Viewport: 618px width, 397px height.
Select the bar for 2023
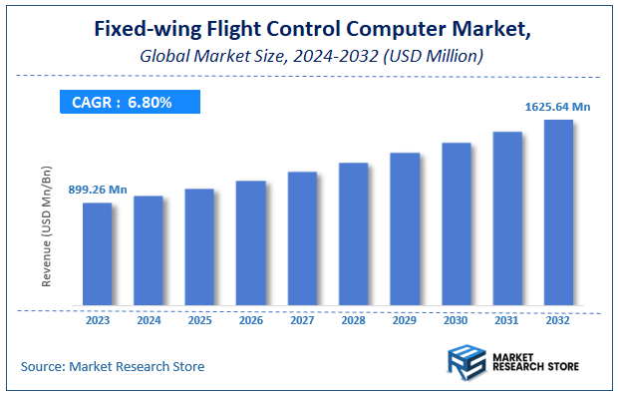[97, 254]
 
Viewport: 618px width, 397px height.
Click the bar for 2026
[250, 243]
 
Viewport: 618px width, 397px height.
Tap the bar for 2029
[405, 229]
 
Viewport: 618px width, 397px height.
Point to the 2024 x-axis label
[148, 320]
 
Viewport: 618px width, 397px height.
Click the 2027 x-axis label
[302, 320]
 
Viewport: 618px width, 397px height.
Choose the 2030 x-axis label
[456, 320]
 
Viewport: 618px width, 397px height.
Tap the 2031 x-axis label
[507, 320]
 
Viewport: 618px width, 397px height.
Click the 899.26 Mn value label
[98, 190]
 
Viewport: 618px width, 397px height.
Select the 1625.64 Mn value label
[558, 105]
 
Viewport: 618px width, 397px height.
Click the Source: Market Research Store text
[113, 367]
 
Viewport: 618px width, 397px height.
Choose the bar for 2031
[507, 218]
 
